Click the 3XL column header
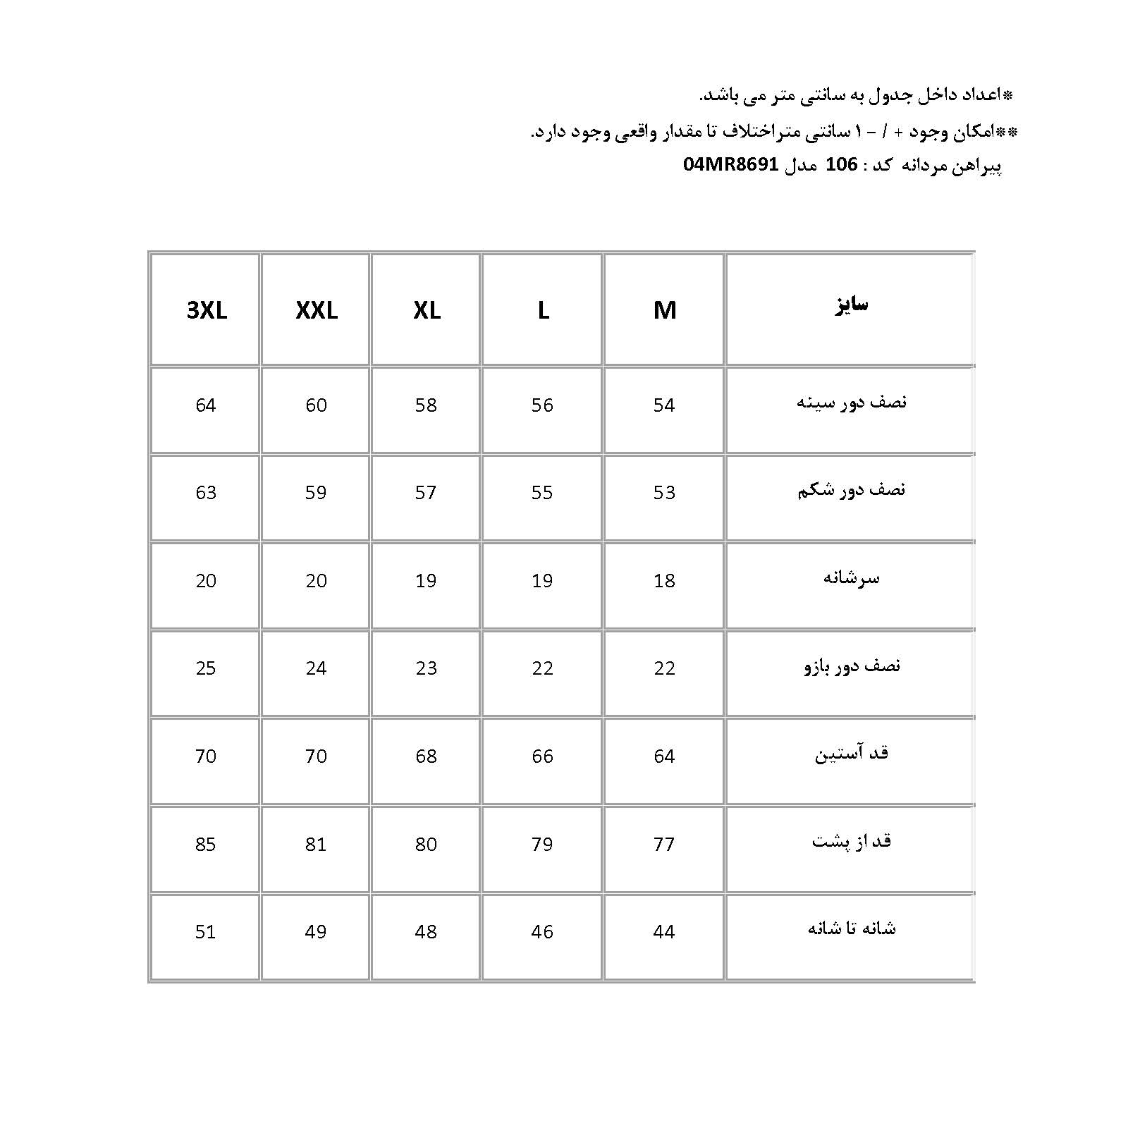[x=207, y=310]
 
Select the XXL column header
[x=317, y=310]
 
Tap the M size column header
[x=664, y=310]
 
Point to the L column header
[x=543, y=310]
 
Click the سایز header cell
[x=851, y=305]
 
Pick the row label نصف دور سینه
[x=851, y=403]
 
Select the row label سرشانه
[x=851, y=578]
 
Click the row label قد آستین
[x=851, y=754]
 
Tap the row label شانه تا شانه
[x=851, y=928]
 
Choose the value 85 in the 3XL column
[x=206, y=844]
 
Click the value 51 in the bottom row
[x=206, y=932]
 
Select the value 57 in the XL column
[x=426, y=492]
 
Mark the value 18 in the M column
[x=664, y=580]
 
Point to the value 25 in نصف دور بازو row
[x=206, y=668]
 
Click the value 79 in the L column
[x=542, y=844]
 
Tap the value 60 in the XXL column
[x=316, y=405]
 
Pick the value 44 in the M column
[x=664, y=932]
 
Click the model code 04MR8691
[x=730, y=165]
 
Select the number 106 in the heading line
[x=841, y=165]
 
